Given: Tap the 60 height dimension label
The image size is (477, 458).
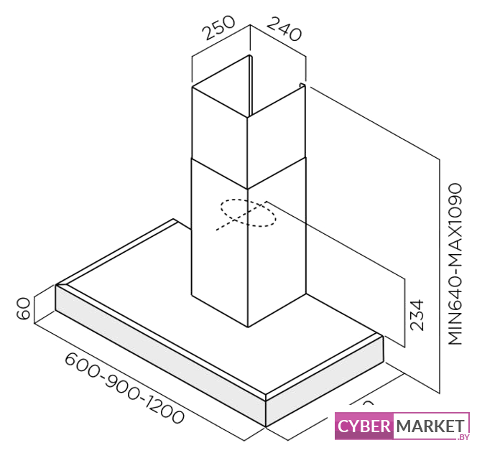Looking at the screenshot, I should tap(24, 309).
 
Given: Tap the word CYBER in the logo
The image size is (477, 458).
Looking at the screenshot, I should tap(364, 426).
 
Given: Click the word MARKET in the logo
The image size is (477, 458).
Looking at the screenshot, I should tap(430, 426).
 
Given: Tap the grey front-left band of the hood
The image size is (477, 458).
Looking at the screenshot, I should tap(158, 356).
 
